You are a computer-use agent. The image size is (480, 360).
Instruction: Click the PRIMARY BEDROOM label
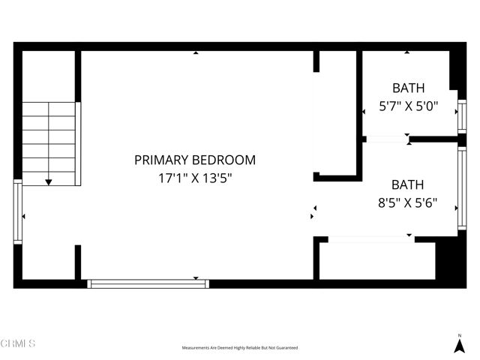(x=195, y=160)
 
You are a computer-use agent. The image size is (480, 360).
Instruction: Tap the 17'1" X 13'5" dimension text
(x=195, y=178)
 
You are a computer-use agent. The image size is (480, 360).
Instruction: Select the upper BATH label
(x=408, y=88)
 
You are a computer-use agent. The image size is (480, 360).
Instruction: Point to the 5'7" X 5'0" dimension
(x=408, y=106)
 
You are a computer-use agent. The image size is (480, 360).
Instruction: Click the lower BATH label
(x=408, y=184)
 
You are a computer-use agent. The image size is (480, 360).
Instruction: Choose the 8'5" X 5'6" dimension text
(x=408, y=202)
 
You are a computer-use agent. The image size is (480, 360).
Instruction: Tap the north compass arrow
(x=459, y=346)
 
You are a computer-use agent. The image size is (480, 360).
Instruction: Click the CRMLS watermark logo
(x=19, y=343)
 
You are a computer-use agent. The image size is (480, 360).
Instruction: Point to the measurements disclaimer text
(x=240, y=348)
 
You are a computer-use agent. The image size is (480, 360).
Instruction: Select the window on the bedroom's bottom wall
(x=148, y=283)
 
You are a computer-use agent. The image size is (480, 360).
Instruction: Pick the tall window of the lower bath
(x=462, y=188)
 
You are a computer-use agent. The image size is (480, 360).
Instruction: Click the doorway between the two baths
(x=387, y=139)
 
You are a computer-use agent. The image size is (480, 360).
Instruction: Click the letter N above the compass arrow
(x=459, y=334)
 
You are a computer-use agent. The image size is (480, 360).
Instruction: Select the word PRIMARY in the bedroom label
(x=162, y=160)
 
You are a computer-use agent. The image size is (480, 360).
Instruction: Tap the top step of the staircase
(x=49, y=110)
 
